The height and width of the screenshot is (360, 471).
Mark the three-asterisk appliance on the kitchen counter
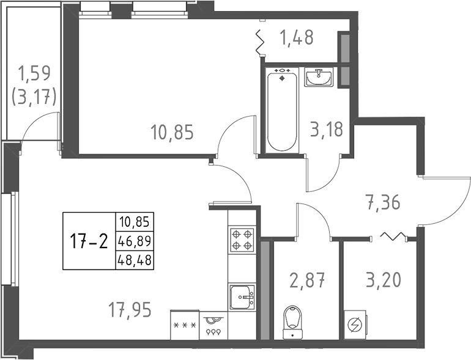pos(185,324)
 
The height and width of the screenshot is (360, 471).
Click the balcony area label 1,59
pos(34,76)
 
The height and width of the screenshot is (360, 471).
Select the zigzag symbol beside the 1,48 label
pos(259,40)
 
